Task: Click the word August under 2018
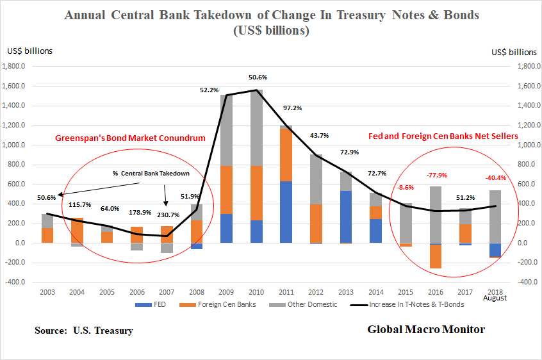[x=494, y=299]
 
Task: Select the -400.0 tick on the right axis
[x=521, y=282]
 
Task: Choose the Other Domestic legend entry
[x=311, y=304]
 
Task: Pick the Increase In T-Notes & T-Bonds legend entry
[x=423, y=304]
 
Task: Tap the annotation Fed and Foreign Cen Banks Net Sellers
[x=443, y=136]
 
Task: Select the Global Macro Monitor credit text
[x=426, y=329]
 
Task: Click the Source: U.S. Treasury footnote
[x=84, y=331]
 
